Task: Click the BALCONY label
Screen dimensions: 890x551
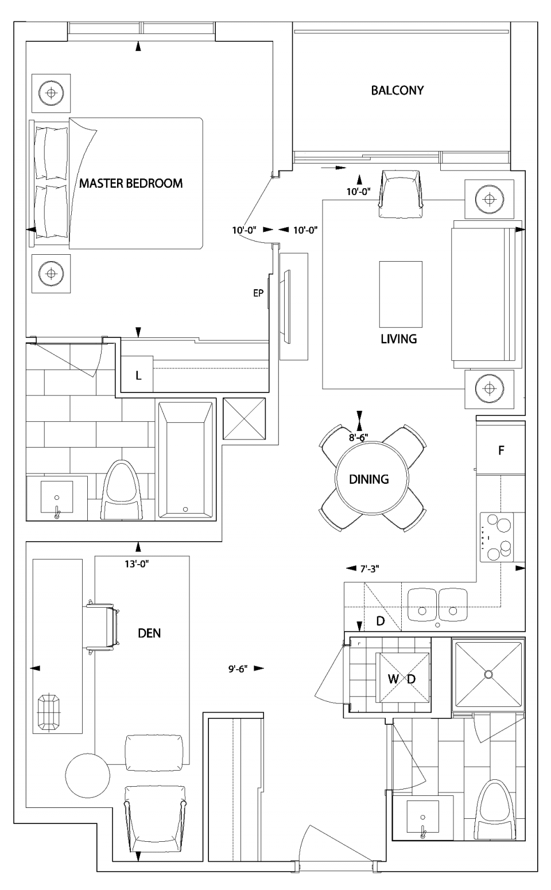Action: [397, 90]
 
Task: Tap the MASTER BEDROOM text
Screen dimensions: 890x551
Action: [131, 183]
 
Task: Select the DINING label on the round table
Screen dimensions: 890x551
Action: [369, 479]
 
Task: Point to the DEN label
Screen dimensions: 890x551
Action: [149, 633]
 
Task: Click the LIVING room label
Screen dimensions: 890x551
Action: [398, 339]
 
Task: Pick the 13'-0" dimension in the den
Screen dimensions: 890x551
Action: [137, 563]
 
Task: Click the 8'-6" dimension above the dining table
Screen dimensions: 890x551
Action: [359, 437]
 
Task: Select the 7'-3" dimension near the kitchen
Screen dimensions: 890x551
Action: [369, 569]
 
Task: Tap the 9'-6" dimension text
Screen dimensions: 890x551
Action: [237, 669]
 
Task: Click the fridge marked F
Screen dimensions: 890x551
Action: [501, 450]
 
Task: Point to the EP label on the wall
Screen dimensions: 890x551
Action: [258, 293]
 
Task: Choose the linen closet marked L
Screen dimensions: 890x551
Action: [138, 376]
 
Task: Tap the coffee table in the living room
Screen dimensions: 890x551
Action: [401, 294]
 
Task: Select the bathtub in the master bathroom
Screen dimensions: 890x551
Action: [184, 460]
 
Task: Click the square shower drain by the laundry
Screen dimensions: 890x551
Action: [488, 673]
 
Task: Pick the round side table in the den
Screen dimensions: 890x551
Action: [88, 774]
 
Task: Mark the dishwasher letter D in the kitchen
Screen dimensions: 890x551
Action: [380, 621]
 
